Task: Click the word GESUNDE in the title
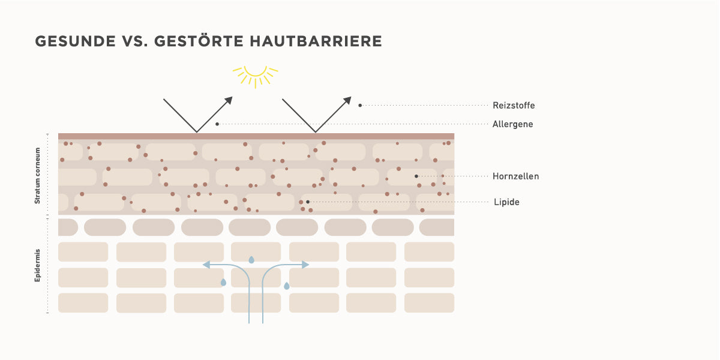pyautogui.click(x=75, y=41)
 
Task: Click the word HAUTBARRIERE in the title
pyautogui.click(x=316, y=41)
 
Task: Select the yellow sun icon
pyautogui.click(x=256, y=77)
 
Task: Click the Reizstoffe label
pyautogui.click(x=514, y=106)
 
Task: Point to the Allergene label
pyautogui.click(x=512, y=124)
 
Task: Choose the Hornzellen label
pyautogui.click(x=515, y=176)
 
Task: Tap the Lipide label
pyautogui.click(x=506, y=202)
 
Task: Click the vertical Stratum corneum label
pyautogui.click(x=38, y=175)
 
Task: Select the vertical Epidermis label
pyautogui.click(x=38, y=265)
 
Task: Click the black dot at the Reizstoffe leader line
pyautogui.click(x=360, y=106)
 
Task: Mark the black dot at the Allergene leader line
pyautogui.click(x=217, y=124)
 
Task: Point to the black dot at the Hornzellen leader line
pyautogui.click(x=416, y=176)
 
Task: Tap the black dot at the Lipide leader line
pyautogui.click(x=308, y=202)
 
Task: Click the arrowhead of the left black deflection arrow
pyautogui.click(x=229, y=100)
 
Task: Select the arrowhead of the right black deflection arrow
pyautogui.click(x=347, y=100)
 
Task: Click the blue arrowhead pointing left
pyautogui.click(x=206, y=265)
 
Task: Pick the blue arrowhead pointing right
pyautogui.click(x=305, y=265)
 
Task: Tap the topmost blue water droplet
pyautogui.click(x=251, y=260)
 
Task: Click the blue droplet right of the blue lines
pyautogui.click(x=287, y=286)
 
